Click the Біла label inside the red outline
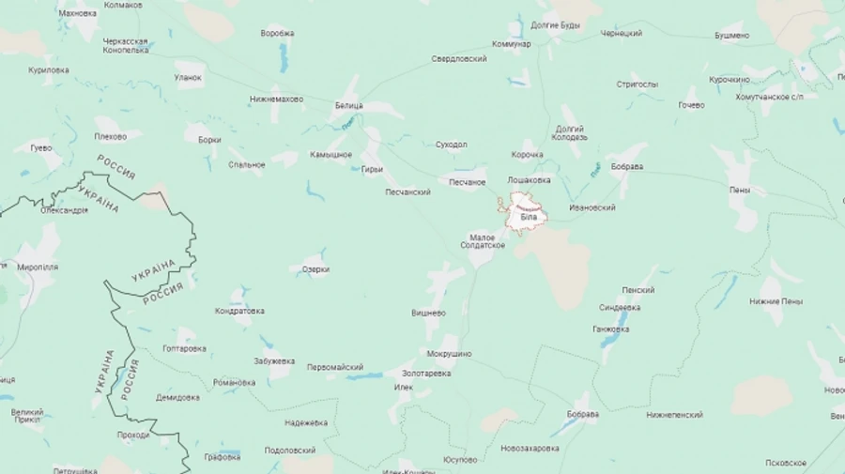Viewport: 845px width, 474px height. [528, 218]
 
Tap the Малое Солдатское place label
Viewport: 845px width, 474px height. [483, 241]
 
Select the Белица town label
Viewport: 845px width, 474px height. [348, 106]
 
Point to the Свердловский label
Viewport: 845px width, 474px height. [459, 59]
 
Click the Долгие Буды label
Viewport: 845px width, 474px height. [556, 24]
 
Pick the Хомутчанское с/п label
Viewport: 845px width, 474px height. [770, 97]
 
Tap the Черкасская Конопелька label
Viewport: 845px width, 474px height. [126, 45]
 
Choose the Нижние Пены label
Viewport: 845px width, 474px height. [776, 301]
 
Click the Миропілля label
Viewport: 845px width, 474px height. [38, 267]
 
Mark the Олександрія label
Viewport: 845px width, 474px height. [64, 210]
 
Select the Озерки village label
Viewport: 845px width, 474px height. [315, 269]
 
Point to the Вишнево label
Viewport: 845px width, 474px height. [428, 313]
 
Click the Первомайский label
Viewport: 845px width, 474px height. [335, 367]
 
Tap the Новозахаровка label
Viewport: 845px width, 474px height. [530, 448]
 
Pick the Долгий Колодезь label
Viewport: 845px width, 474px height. [570, 133]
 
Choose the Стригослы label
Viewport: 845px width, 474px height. [637, 84]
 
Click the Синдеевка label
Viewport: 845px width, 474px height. [620, 307]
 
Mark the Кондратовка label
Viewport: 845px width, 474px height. [239, 311]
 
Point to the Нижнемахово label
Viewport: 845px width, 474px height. [276, 99]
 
